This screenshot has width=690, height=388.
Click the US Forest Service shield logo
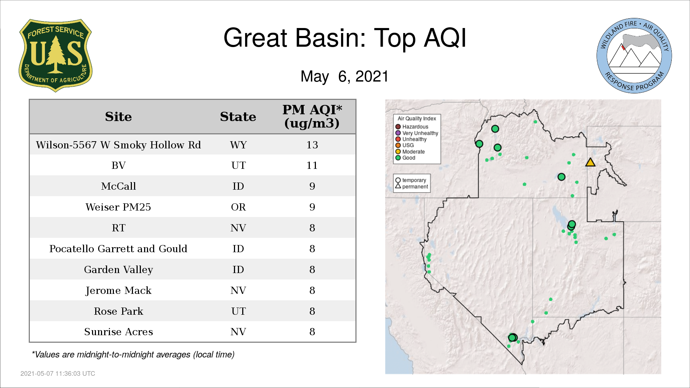[55, 56]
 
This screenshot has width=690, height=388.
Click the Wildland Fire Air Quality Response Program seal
[634, 56]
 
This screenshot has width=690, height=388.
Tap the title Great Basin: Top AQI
[345, 38]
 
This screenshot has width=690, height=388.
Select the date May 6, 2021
[345, 76]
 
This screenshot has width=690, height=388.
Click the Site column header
[118, 117]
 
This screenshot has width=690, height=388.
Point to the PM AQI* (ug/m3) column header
[312, 116]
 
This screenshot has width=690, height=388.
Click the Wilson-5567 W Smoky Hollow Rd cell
[118, 145]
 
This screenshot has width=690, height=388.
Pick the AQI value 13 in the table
[312, 145]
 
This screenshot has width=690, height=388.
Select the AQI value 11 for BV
[312, 166]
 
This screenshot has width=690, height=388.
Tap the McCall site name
[118, 186]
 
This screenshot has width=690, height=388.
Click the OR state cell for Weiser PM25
[238, 207]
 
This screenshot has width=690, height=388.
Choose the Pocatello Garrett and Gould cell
[118, 249]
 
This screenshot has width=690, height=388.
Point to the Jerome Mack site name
[118, 290]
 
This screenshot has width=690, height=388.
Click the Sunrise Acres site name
[118, 332]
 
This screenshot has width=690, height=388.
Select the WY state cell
[238, 145]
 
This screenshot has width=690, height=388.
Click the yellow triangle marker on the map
[590, 162]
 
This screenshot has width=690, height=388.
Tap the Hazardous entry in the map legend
[412, 127]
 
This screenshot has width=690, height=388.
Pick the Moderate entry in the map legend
[410, 152]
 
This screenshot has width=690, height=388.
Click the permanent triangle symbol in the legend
[398, 186]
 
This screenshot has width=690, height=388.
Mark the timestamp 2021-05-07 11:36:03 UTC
[58, 374]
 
